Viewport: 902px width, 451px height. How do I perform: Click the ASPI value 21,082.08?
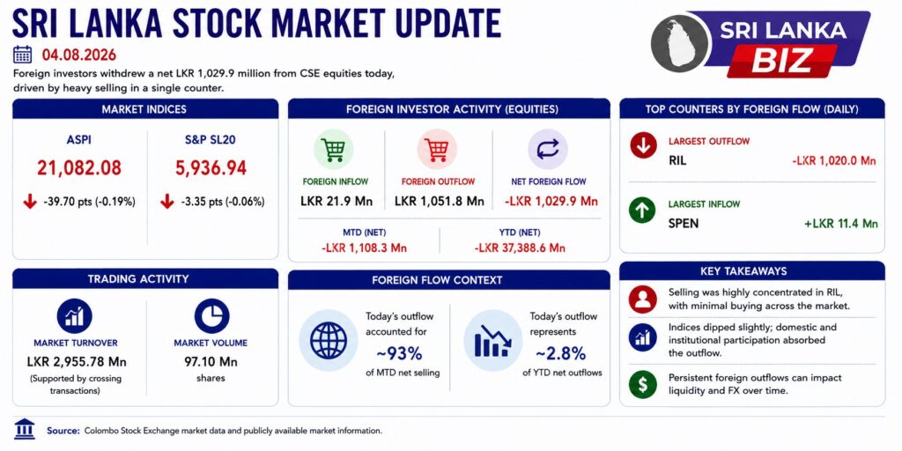79,168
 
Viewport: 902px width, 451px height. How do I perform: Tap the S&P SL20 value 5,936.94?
211,168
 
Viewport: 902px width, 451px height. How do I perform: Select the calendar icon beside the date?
22,55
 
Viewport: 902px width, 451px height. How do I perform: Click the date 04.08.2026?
78,55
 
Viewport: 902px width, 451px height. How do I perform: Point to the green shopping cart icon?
334,150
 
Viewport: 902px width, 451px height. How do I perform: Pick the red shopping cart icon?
437,150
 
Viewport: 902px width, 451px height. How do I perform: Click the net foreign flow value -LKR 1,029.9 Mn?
551,202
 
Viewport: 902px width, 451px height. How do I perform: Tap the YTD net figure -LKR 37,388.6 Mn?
520,248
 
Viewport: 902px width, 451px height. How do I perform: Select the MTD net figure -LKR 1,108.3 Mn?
364,248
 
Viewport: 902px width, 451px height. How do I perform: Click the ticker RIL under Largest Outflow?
677,160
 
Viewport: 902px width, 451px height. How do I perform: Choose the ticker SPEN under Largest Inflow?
684,223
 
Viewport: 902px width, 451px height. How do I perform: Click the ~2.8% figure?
561,351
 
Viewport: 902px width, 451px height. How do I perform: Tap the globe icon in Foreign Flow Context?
329,340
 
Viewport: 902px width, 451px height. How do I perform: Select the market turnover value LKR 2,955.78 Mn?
77,362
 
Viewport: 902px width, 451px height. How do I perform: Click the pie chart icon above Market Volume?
211,316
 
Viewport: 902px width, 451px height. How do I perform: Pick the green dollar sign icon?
642,384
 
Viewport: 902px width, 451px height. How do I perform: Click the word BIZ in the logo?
782,60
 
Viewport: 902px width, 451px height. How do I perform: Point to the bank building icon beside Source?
24,429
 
